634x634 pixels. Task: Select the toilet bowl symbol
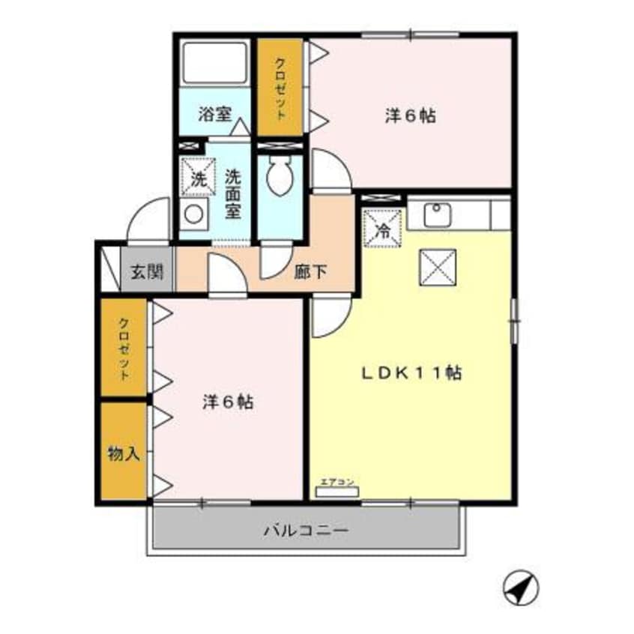[x=280, y=178]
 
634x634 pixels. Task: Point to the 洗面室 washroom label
[x=233, y=193]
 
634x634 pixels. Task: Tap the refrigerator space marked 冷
[x=383, y=228]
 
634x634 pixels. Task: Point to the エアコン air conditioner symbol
[x=331, y=491]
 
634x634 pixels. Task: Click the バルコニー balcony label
[x=306, y=531]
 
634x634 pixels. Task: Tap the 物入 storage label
[x=124, y=453]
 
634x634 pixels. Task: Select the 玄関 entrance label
[x=147, y=272]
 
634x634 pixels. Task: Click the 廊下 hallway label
[x=310, y=272]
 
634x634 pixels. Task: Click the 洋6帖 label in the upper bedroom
[x=411, y=116]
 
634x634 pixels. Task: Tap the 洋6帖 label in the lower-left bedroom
[x=226, y=402]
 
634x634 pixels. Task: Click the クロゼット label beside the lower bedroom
[x=124, y=348]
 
